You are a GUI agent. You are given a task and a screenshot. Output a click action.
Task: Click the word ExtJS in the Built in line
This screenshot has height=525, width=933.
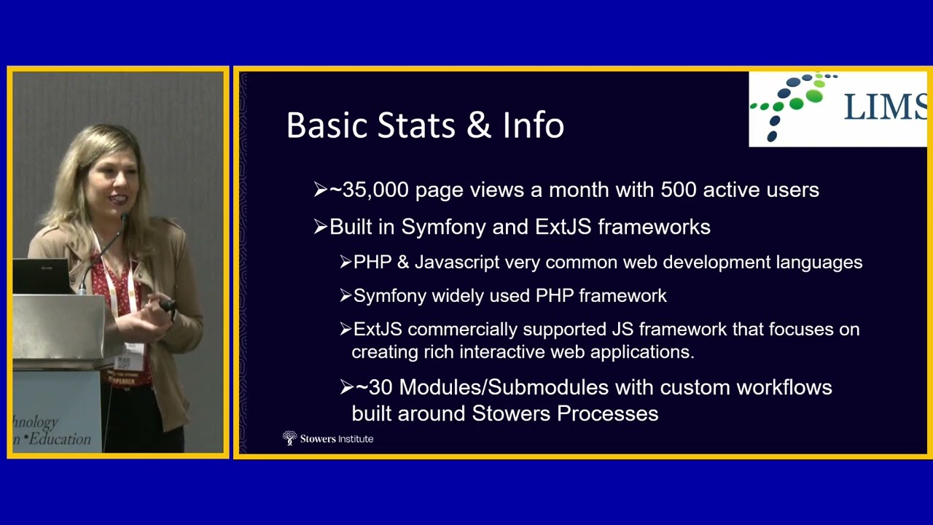tap(563, 227)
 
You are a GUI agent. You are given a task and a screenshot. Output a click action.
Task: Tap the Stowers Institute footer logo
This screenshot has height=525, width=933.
tap(328, 438)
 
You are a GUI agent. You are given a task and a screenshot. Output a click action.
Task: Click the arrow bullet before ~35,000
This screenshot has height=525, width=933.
tap(320, 190)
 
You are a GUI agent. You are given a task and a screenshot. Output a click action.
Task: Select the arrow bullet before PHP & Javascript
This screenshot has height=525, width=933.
tap(346, 262)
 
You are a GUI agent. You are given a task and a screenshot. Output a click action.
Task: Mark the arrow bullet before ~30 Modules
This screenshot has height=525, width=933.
tap(346, 387)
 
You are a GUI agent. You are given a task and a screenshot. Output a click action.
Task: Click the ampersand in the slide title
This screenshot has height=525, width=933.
tap(478, 125)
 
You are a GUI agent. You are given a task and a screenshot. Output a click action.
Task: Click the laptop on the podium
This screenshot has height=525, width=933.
tap(42, 276)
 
